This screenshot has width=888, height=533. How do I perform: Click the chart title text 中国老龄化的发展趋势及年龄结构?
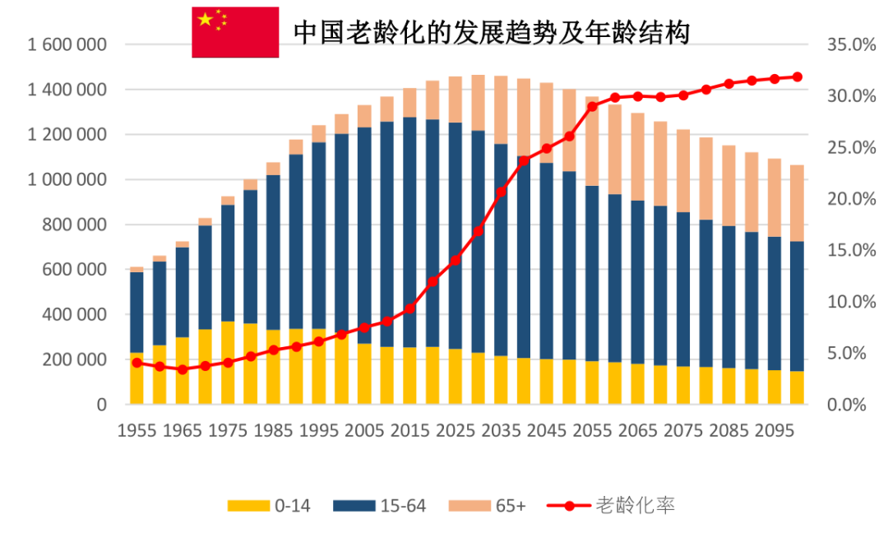tap(491, 32)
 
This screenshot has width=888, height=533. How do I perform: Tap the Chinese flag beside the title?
tap(235, 32)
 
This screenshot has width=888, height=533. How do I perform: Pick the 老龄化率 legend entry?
tap(613, 506)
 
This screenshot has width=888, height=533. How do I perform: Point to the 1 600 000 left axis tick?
tap(68, 44)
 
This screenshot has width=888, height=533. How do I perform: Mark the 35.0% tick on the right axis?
tap(852, 44)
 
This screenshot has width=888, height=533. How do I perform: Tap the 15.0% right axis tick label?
tap(852, 250)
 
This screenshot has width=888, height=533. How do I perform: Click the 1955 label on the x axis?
tap(136, 430)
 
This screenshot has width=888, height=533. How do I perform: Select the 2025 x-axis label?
tap(455, 430)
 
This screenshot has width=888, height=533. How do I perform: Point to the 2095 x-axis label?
tap(774, 430)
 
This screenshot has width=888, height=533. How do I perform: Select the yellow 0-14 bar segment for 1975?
tap(228, 362)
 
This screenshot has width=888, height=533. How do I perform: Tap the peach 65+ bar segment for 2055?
tap(592, 141)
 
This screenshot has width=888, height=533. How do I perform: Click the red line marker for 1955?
tap(136, 362)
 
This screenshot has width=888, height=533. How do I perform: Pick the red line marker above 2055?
tap(592, 106)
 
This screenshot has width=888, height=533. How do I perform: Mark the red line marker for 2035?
tap(501, 192)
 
